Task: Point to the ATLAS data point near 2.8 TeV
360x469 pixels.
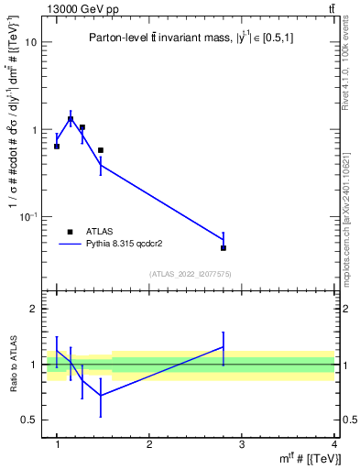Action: click(224, 248)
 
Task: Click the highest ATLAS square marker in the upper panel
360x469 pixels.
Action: click(71, 119)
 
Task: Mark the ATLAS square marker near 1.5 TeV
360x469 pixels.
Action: click(101, 150)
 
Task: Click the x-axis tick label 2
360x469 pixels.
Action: click(149, 445)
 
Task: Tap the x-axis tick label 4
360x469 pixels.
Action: click(334, 445)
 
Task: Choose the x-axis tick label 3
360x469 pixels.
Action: click(242, 445)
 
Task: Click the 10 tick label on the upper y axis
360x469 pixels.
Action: click(31, 42)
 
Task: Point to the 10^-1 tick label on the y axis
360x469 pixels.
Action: click(29, 216)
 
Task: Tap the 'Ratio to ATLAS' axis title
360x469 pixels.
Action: click(12, 365)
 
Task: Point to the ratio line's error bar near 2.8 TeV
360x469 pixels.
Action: click(224, 348)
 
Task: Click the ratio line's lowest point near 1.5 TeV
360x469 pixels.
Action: click(101, 396)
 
